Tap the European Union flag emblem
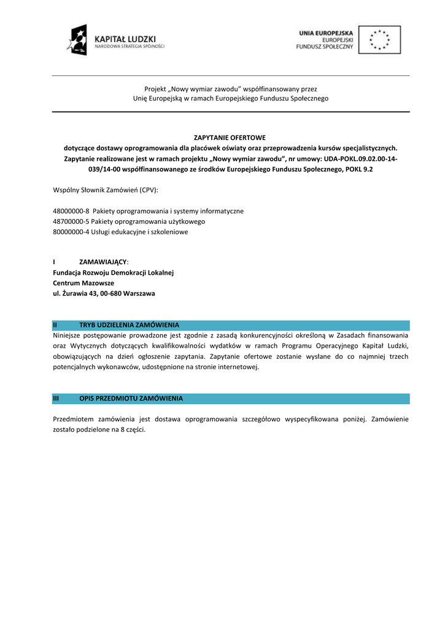pyautogui.click(x=379, y=40)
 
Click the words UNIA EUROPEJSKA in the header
pyautogui.click(x=326, y=33)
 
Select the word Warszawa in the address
pyautogui.click(x=139, y=294)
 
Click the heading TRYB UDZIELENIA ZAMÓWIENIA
pyautogui.click(x=129, y=324)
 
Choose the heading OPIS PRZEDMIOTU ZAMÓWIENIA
pyautogui.click(x=131, y=399)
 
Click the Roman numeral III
pyautogui.click(x=56, y=399)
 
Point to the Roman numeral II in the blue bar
pyautogui.click(x=55, y=324)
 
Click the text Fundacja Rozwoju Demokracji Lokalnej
pyautogui.click(x=114, y=273)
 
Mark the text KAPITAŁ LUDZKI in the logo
pyautogui.click(x=125, y=38)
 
